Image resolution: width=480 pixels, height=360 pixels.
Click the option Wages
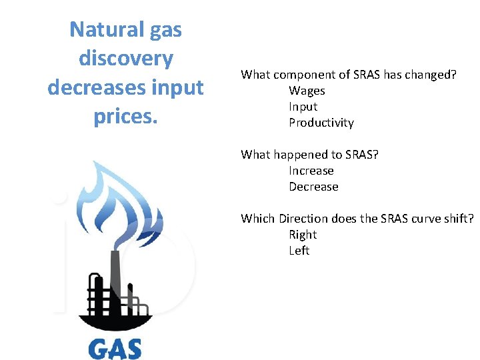(307, 91)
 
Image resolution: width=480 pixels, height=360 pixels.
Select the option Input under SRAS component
(303, 107)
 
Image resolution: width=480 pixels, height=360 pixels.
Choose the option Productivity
(321, 123)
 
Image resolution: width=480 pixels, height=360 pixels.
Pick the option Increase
(311, 171)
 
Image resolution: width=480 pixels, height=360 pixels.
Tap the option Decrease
(313, 187)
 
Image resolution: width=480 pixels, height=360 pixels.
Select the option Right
(303, 235)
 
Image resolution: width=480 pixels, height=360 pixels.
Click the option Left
(299, 251)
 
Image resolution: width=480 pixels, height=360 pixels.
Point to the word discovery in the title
(126, 58)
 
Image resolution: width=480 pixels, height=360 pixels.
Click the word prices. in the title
(126, 116)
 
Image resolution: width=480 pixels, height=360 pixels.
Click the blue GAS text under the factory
(115, 349)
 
